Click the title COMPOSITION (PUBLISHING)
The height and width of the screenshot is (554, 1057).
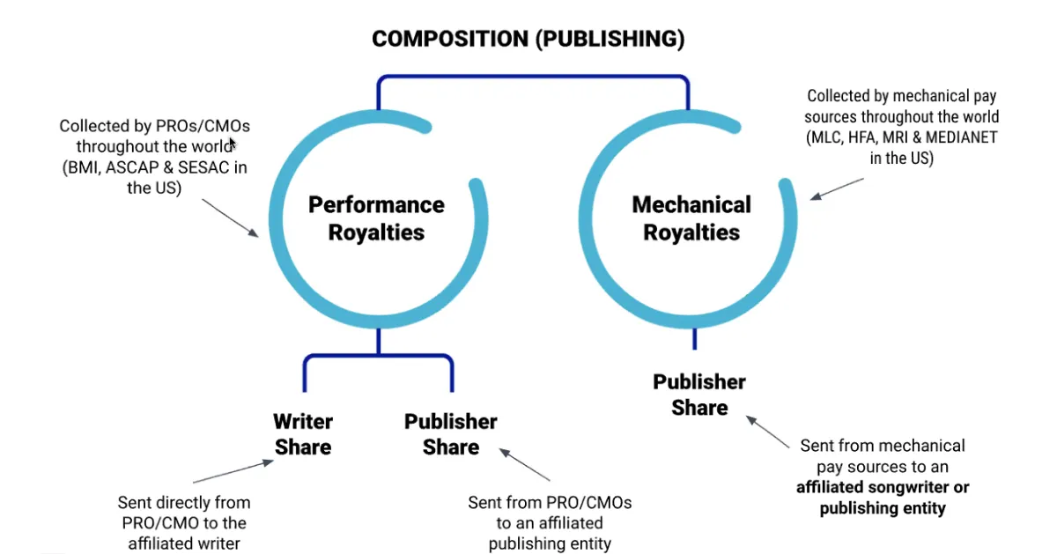[528, 39]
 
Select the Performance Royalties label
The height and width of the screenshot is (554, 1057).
[376, 218]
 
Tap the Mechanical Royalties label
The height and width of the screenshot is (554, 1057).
[691, 218]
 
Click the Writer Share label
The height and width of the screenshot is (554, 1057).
[303, 433]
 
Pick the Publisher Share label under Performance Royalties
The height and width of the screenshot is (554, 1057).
[450, 433]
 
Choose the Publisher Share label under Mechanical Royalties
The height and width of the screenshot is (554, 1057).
[699, 394]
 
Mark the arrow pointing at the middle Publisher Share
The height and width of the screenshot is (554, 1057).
[526, 464]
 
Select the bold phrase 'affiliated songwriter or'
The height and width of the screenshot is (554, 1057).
[882, 487]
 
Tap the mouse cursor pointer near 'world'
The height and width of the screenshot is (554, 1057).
[233, 144]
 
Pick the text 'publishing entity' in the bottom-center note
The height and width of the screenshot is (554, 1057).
[550, 543]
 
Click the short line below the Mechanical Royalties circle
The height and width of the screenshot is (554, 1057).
[694, 338]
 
